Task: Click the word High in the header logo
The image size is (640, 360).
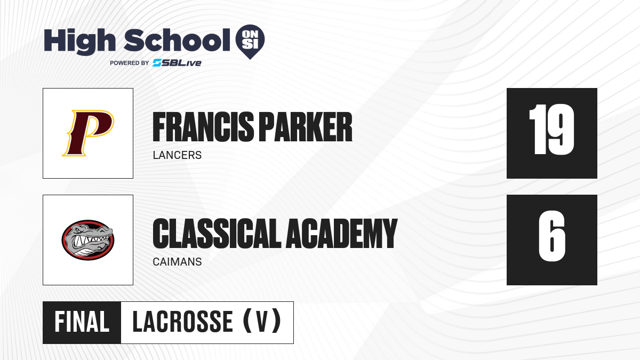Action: pos(79,41)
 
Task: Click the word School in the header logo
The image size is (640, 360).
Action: pos(177,40)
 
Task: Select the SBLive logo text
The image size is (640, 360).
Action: pos(177,63)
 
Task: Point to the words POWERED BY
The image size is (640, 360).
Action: pos(130,63)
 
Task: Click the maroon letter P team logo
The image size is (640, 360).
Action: pos(88,133)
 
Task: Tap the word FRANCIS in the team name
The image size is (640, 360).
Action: pos(203,127)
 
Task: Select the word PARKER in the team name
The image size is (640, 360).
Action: pos(306,127)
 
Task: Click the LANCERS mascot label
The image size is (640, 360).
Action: pos(177,155)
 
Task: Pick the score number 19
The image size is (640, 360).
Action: pos(551,130)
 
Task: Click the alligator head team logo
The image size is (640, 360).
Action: pos(88,239)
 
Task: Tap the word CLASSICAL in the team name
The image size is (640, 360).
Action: pos(217,234)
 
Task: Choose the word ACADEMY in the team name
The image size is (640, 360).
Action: pos(342,234)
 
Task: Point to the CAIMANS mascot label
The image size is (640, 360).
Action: pos(177,262)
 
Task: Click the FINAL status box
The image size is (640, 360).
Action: pos(82,323)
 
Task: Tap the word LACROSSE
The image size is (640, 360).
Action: pos(182,322)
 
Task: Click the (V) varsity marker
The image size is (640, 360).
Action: pos(262,321)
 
